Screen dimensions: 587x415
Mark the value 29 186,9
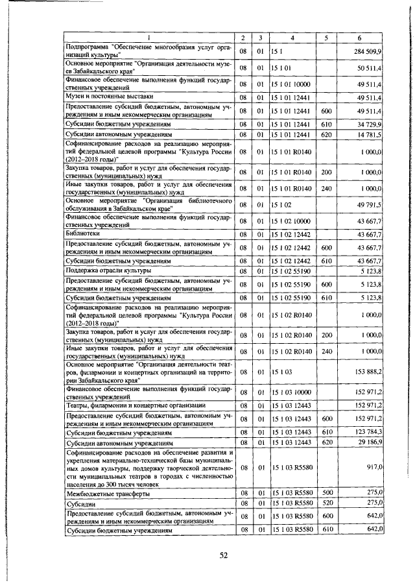tap(370, 442)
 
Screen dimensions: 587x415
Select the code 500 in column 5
tap(327, 494)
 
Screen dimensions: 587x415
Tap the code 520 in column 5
tap(327, 505)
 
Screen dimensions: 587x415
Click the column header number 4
tap(292, 36)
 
